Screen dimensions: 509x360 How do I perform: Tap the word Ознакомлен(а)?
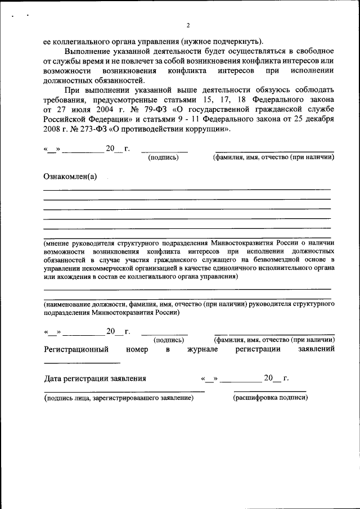coord(70,177)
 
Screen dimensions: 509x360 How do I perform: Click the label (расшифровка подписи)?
coord(271,398)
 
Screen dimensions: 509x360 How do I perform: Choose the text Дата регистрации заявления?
coord(95,379)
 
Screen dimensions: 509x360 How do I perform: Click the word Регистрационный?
coord(76,349)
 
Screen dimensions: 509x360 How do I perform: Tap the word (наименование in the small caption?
coord(71,304)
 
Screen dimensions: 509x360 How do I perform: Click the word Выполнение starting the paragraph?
coord(89,51)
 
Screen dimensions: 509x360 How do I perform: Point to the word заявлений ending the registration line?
coord(316,349)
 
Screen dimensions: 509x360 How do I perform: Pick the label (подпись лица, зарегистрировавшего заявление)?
coord(119,398)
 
